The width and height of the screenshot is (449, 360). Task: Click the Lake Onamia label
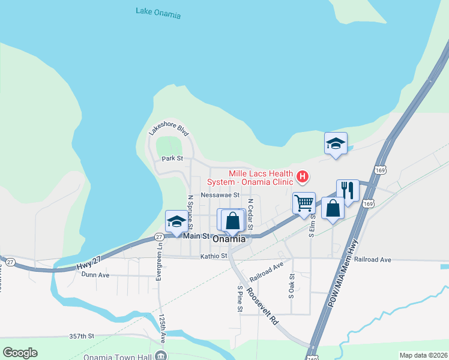[158, 13]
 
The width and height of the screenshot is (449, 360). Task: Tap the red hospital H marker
[303, 176]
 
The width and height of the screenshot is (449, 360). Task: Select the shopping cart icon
[304, 203]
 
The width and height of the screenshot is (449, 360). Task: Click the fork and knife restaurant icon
[348, 190]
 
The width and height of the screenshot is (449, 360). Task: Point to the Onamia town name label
[229, 238]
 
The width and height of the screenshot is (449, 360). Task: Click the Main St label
[196, 236]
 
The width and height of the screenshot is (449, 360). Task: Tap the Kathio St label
[214, 256]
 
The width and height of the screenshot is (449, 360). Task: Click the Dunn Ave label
[95, 275]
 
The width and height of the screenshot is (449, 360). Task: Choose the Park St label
[172, 159]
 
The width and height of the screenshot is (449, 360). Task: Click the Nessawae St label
[220, 195]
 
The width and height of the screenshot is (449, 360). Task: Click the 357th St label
[82, 337]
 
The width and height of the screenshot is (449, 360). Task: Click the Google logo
[20, 353]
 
